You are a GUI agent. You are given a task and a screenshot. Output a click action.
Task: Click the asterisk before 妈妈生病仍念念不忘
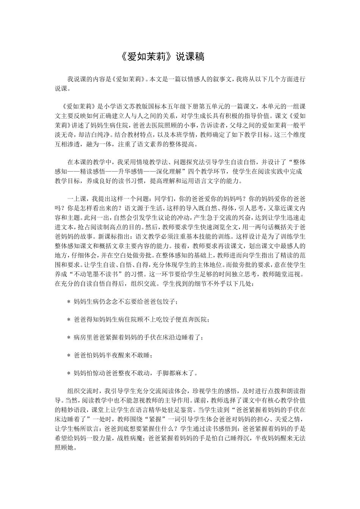[x=69, y=302]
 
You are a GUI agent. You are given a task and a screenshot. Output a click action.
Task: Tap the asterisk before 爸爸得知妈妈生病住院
[x=69, y=320]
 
